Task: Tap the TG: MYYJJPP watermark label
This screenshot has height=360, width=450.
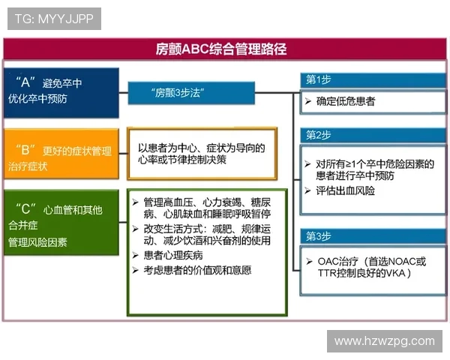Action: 54,19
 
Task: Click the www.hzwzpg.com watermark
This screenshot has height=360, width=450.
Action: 384,341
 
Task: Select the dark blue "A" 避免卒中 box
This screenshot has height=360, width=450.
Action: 61,92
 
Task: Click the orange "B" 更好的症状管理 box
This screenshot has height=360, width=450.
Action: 61,154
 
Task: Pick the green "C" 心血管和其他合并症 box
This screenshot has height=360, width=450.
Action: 61,223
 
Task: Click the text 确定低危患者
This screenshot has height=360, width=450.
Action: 346,100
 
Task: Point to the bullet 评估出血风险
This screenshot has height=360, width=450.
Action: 346,190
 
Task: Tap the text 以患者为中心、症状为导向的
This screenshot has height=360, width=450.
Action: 202,148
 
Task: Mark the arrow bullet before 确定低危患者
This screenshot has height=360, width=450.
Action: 308,100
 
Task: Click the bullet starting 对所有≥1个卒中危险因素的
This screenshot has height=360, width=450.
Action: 371,169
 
